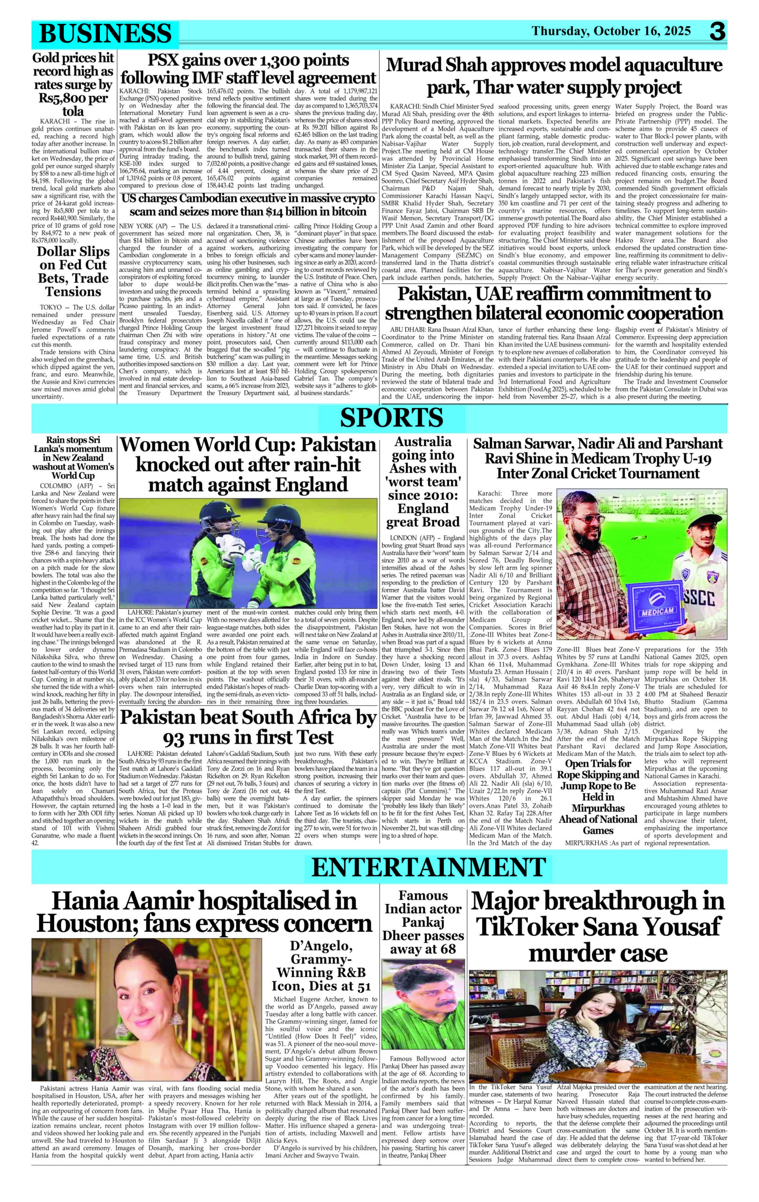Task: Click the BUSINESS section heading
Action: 105,34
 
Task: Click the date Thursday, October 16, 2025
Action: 611,31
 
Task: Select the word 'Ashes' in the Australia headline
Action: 423,468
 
